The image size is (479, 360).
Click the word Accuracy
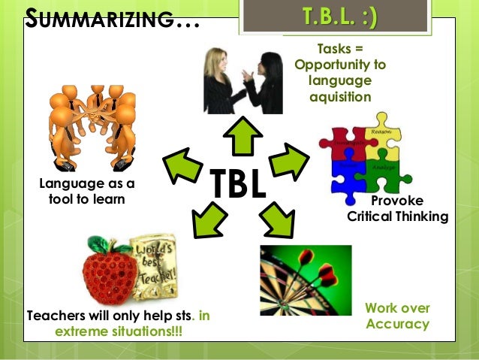397,324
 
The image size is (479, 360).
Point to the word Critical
372,216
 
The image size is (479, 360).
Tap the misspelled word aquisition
339,98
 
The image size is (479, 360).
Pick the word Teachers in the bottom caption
59,316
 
